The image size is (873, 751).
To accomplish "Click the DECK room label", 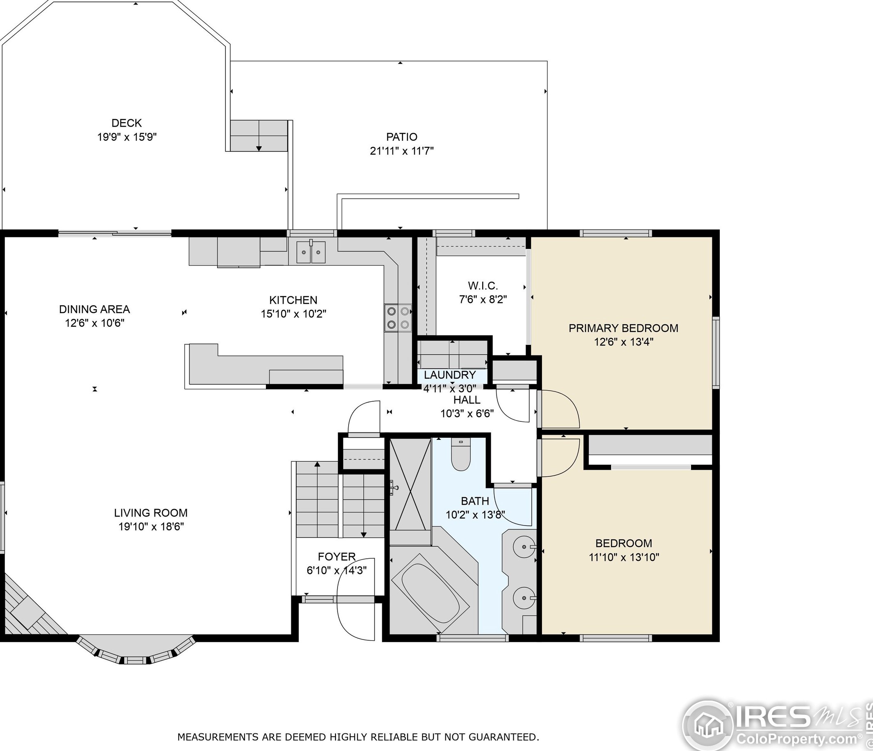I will [x=127, y=123].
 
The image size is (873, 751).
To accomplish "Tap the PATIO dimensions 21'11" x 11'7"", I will [x=401, y=151].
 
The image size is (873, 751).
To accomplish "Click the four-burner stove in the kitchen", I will [x=398, y=318].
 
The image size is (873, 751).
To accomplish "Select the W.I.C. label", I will [x=483, y=285].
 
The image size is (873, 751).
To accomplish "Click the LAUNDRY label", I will [x=449, y=375].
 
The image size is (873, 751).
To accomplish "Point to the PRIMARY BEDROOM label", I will [x=623, y=328].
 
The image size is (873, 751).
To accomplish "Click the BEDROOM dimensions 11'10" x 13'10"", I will [x=624, y=557].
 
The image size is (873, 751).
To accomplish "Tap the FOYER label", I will [x=337, y=557].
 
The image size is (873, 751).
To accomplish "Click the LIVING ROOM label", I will [x=150, y=513].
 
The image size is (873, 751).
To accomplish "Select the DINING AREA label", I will [x=94, y=309].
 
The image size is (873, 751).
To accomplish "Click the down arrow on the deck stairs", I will [x=258, y=148].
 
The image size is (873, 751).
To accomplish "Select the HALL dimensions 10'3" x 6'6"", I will [x=467, y=414].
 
